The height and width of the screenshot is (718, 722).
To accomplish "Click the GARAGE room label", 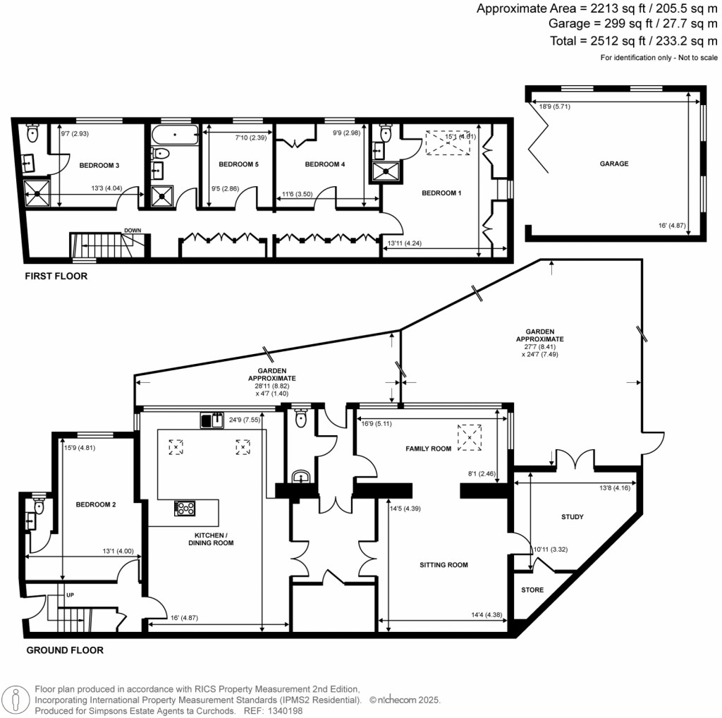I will tap(614, 164).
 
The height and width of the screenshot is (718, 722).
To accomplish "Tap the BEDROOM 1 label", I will tap(441, 193).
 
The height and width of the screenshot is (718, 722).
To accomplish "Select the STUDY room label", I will tap(573, 517).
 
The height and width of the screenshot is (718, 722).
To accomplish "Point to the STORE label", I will tap(532, 590).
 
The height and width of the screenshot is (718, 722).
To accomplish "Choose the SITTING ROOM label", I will tap(443, 565).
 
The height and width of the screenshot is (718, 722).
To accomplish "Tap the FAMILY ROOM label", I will tap(428, 449).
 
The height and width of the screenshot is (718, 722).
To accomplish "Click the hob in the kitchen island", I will tap(185, 507).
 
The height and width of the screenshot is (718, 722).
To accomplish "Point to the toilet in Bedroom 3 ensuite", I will tap(32, 133).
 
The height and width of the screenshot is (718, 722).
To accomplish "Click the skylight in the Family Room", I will tap(470, 437).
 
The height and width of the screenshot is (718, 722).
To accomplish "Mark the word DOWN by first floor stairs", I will tap(133, 231).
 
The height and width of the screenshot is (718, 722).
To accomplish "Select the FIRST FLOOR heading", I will tap(56, 276).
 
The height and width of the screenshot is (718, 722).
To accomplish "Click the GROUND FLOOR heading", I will tap(65, 650).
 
